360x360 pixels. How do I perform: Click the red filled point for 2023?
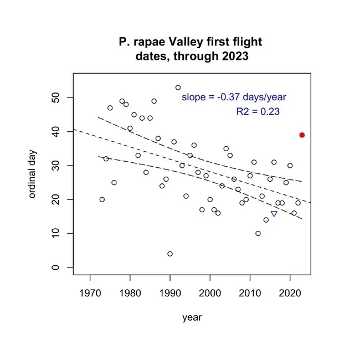click(x=302, y=135)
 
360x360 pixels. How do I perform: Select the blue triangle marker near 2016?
click(x=274, y=214)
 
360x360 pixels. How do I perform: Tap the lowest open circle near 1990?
click(x=170, y=254)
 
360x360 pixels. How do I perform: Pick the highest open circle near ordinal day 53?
click(x=178, y=88)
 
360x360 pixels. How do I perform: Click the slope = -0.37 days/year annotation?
click(x=234, y=97)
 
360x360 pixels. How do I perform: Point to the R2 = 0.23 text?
click(x=258, y=111)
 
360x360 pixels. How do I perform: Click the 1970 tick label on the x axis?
click(x=90, y=292)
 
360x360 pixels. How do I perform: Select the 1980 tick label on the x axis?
click(x=130, y=292)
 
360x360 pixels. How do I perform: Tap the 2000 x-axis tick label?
click(x=210, y=292)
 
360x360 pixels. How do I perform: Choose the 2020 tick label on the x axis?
click(x=290, y=292)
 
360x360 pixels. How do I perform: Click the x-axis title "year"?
click(x=192, y=318)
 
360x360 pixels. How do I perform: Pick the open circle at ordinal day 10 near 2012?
click(x=258, y=234)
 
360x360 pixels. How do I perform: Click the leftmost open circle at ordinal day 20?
click(x=102, y=199)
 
